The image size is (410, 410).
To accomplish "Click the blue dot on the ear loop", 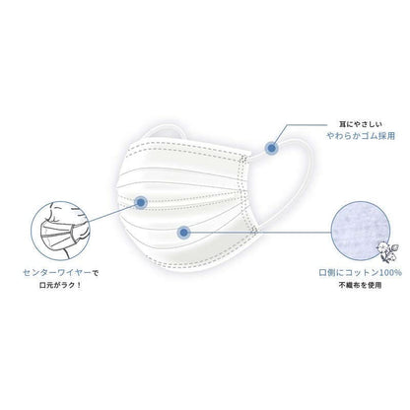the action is [272, 148].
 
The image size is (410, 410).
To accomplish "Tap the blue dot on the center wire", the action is [141, 202].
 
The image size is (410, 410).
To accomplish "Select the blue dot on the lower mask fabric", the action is [183, 233].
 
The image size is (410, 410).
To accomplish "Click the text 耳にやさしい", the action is [361, 124].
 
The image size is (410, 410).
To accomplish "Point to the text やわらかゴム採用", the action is [361, 136].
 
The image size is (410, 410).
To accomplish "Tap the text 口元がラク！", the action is [60, 285].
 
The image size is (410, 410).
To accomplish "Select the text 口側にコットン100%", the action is [361, 273].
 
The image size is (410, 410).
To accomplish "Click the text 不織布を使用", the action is [361, 285].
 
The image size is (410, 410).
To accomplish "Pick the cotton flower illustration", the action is [388, 251].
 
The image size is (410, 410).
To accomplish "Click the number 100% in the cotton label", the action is [391, 273].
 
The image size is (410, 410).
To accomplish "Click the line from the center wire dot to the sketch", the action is [111, 213].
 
